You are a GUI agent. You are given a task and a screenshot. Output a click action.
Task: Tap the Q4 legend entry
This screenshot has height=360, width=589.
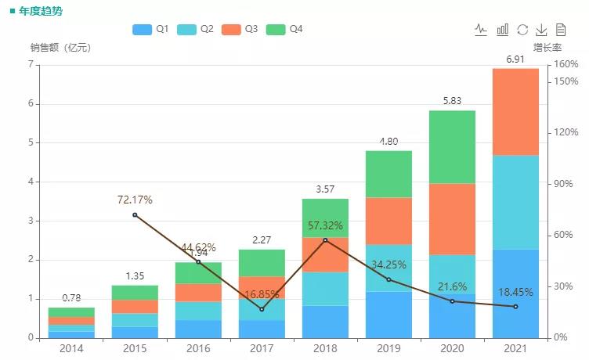pos(285,29)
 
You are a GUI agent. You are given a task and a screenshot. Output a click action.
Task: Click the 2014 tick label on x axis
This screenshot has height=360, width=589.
pos(70,348)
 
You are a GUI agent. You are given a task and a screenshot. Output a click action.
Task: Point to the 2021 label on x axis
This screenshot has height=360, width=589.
pos(515,348)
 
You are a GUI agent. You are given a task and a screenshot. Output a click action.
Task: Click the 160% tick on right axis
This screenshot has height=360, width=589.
pos(566,64)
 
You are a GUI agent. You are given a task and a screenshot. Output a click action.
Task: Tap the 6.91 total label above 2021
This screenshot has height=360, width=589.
pos(515,59)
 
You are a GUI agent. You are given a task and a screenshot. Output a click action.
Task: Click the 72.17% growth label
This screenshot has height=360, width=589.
pos(135,200)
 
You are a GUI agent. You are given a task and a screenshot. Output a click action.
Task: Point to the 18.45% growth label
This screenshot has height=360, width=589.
pos(515,292)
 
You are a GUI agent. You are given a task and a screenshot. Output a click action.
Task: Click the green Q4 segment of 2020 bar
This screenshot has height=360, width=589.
pos(452,146)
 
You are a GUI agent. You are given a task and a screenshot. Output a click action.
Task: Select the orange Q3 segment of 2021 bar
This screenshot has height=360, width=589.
pos(515,112)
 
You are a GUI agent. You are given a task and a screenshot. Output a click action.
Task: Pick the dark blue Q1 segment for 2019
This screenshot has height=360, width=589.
pos(388,315)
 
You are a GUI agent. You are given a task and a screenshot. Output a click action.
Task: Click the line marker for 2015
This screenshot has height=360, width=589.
pos(135,214)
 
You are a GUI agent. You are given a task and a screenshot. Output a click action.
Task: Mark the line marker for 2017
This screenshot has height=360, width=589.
pos(262,309)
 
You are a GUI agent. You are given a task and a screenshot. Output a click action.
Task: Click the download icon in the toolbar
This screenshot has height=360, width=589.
pos(541,30)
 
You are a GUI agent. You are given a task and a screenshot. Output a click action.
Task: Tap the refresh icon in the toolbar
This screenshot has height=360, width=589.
pos(522,30)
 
